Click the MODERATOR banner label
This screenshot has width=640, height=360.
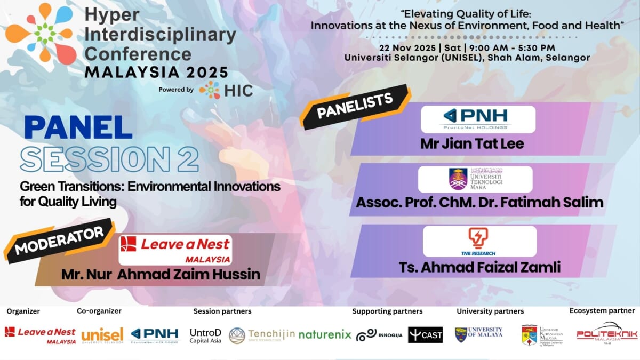(59, 241)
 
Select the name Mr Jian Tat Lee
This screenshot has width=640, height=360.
(472, 143)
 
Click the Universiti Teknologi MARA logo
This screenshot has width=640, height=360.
(475, 179)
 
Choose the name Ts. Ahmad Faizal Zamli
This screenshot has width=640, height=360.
(479, 267)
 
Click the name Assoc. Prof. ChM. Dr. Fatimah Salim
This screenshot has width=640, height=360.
(479, 203)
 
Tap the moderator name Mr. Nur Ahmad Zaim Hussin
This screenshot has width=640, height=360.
(161, 274)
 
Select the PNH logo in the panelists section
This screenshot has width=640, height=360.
(477, 119)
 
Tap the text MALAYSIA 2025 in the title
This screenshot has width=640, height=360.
(156, 72)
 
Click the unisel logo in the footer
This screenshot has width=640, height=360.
(102, 334)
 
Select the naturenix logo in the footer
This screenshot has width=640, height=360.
(325, 335)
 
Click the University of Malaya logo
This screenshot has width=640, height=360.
(478, 334)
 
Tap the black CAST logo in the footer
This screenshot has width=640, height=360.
(425, 334)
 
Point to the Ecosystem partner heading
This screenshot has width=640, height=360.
(602, 310)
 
